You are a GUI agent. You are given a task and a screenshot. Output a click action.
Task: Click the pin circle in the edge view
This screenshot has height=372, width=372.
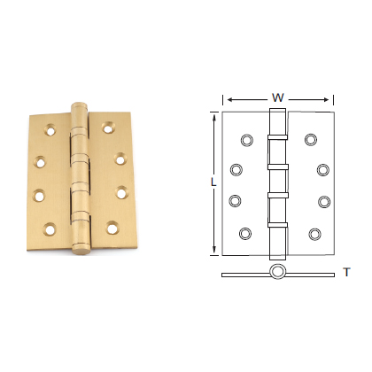pos(277,272)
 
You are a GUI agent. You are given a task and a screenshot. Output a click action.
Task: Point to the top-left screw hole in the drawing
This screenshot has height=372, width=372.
pos(245,139)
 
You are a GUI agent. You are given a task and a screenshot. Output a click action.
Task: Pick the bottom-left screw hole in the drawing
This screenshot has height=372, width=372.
pos(245,234)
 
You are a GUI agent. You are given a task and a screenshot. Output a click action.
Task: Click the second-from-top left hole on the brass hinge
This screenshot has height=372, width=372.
pos(41,162)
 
